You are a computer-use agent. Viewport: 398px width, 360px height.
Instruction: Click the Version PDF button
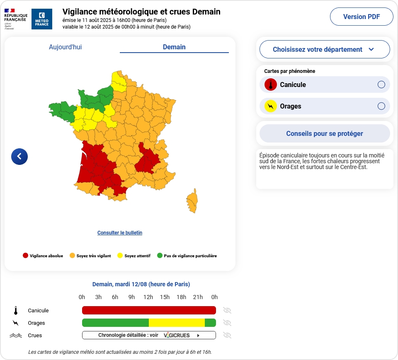click(x=361, y=17)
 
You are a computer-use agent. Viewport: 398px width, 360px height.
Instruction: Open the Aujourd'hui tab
click(x=65, y=47)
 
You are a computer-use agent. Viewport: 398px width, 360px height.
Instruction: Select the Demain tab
click(x=174, y=47)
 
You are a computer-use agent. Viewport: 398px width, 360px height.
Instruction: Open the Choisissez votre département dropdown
click(x=324, y=49)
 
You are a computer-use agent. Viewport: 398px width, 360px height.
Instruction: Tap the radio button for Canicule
click(x=381, y=85)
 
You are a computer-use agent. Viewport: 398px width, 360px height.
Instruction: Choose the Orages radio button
click(x=381, y=106)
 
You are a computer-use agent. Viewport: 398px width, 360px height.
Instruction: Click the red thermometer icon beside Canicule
click(x=270, y=85)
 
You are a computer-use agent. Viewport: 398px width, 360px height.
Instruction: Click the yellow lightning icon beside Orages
click(x=270, y=106)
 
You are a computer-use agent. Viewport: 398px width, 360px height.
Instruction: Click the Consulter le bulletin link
click(x=120, y=233)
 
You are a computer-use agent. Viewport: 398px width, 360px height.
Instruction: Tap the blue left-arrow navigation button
click(x=19, y=156)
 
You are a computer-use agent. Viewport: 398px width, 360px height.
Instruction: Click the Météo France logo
click(x=42, y=19)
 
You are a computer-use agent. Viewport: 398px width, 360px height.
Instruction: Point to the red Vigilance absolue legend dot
click(x=25, y=256)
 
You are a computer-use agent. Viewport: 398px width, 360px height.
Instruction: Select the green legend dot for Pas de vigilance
click(x=160, y=256)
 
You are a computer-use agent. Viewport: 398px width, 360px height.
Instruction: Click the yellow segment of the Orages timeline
click(x=177, y=323)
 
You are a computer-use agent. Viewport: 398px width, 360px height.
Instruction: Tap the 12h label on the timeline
click(x=148, y=297)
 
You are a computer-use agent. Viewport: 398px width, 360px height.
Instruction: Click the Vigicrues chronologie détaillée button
click(x=149, y=335)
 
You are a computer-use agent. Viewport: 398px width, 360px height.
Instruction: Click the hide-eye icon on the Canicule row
click(x=227, y=310)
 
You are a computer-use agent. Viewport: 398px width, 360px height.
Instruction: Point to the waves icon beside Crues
click(x=16, y=335)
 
